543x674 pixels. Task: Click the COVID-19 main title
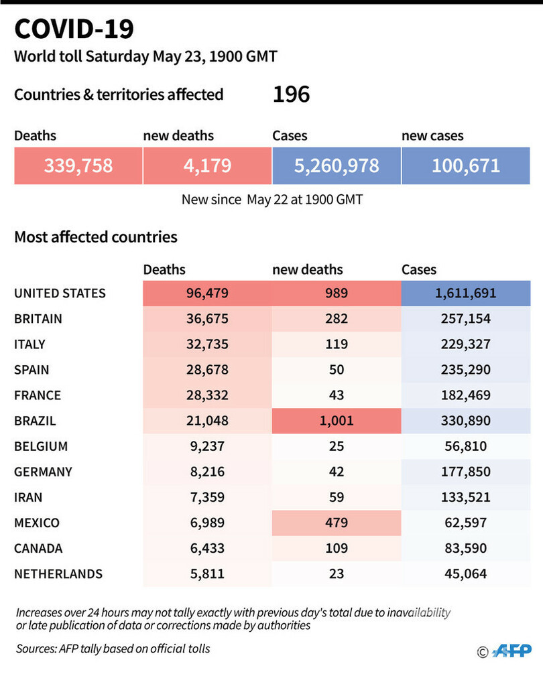click(74, 30)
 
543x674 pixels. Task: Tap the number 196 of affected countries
click(291, 94)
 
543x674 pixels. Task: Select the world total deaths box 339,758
click(78, 165)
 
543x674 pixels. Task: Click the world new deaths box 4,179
click(206, 165)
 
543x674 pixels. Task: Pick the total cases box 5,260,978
click(336, 165)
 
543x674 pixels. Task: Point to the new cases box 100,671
click(465, 165)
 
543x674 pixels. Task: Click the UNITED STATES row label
click(60, 293)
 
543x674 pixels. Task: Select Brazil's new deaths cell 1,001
click(336, 421)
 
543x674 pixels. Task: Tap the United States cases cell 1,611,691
click(465, 293)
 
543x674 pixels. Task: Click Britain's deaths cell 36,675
click(206, 319)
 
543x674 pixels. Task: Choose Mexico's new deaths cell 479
click(336, 523)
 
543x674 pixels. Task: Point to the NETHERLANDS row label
click(58, 574)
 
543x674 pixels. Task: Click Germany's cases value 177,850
click(465, 472)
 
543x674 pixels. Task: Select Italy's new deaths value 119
click(336, 344)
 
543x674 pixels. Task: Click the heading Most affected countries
click(96, 237)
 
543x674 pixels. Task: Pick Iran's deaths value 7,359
click(206, 497)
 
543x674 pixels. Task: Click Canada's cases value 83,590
click(465, 548)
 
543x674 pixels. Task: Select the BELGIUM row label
click(41, 446)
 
